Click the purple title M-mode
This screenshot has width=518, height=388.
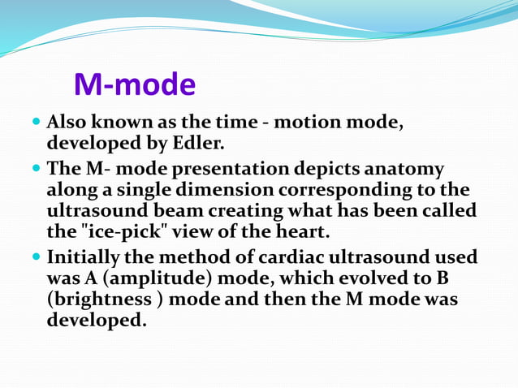point(135,84)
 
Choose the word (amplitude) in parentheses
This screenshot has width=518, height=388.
point(140,278)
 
